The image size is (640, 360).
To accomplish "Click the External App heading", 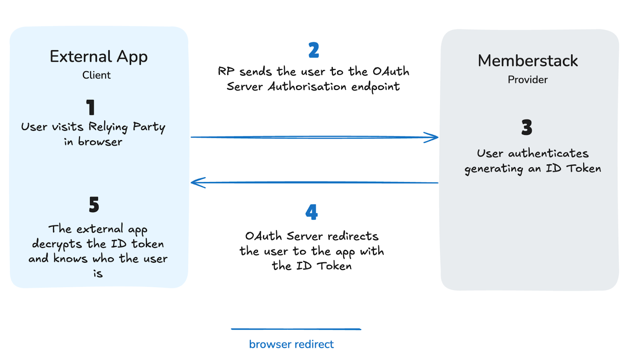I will (x=98, y=57).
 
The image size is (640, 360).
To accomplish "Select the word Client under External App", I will (x=96, y=75).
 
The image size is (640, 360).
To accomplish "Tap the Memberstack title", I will (x=528, y=61).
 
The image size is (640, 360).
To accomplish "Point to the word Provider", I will (x=528, y=80).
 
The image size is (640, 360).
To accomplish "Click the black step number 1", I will (x=91, y=108).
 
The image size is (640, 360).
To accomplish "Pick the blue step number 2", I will (x=314, y=50).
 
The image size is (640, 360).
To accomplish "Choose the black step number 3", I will (x=527, y=128).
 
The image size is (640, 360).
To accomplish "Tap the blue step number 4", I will (x=312, y=212).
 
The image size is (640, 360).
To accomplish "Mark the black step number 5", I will (x=94, y=205).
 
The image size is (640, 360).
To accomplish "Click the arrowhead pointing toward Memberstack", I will (x=432, y=137).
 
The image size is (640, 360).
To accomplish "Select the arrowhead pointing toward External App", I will (x=198, y=183).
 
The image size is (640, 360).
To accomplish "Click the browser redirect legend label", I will (x=291, y=344).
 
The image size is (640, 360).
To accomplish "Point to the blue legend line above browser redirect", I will (x=296, y=329).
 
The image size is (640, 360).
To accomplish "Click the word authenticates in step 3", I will (x=548, y=153).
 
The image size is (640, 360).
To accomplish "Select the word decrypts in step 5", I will (x=57, y=244).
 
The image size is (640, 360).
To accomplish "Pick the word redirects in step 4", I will (x=353, y=236).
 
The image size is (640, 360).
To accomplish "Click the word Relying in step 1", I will (x=108, y=127).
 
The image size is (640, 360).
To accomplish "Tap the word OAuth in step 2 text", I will (x=391, y=72).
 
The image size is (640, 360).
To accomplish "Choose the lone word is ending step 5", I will (x=98, y=274).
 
